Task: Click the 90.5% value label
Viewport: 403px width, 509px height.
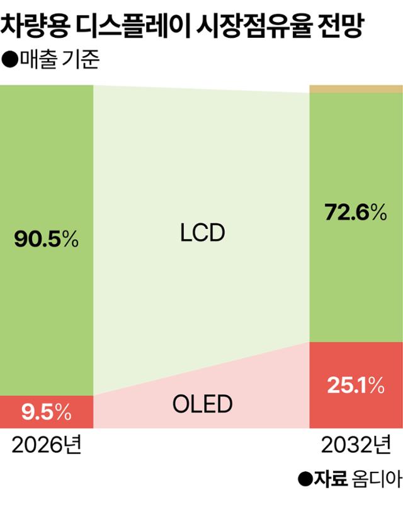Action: click(x=46, y=240)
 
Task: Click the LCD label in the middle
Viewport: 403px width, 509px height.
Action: click(x=201, y=233)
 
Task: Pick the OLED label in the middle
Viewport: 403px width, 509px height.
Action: click(x=201, y=404)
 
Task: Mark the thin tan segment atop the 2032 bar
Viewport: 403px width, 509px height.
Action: click(x=355, y=89)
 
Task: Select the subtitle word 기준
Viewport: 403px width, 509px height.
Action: click(x=82, y=62)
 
